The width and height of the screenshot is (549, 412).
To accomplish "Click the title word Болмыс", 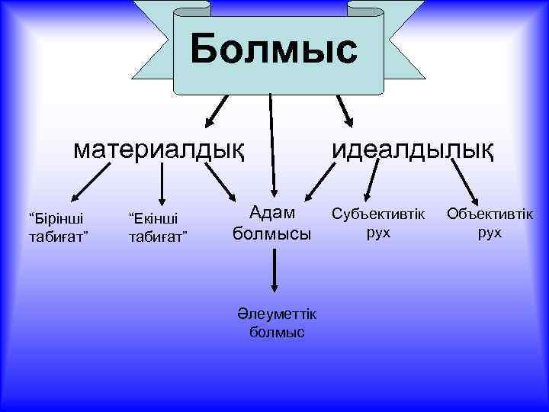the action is pyautogui.click(x=274, y=50).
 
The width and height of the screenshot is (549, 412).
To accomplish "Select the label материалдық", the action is pyautogui.click(x=159, y=149).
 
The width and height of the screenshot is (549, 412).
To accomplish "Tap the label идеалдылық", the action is pyautogui.click(x=412, y=149).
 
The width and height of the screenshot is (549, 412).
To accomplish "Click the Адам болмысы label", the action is pyautogui.click(x=272, y=223).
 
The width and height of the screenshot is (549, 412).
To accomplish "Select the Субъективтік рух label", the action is pyautogui.click(x=378, y=222).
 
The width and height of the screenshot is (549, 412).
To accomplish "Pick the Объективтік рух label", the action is pyautogui.click(x=490, y=222).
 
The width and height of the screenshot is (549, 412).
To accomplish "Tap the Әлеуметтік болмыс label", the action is pyautogui.click(x=276, y=323).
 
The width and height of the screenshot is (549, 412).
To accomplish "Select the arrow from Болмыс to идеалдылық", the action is pyautogui.click(x=344, y=111).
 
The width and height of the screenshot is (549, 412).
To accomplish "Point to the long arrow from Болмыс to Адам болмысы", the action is pyautogui.click(x=271, y=145).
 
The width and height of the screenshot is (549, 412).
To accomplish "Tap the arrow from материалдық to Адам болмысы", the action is pyautogui.click(x=223, y=184).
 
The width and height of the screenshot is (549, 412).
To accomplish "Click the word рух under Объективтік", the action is pyautogui.click(x=490, y=232).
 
